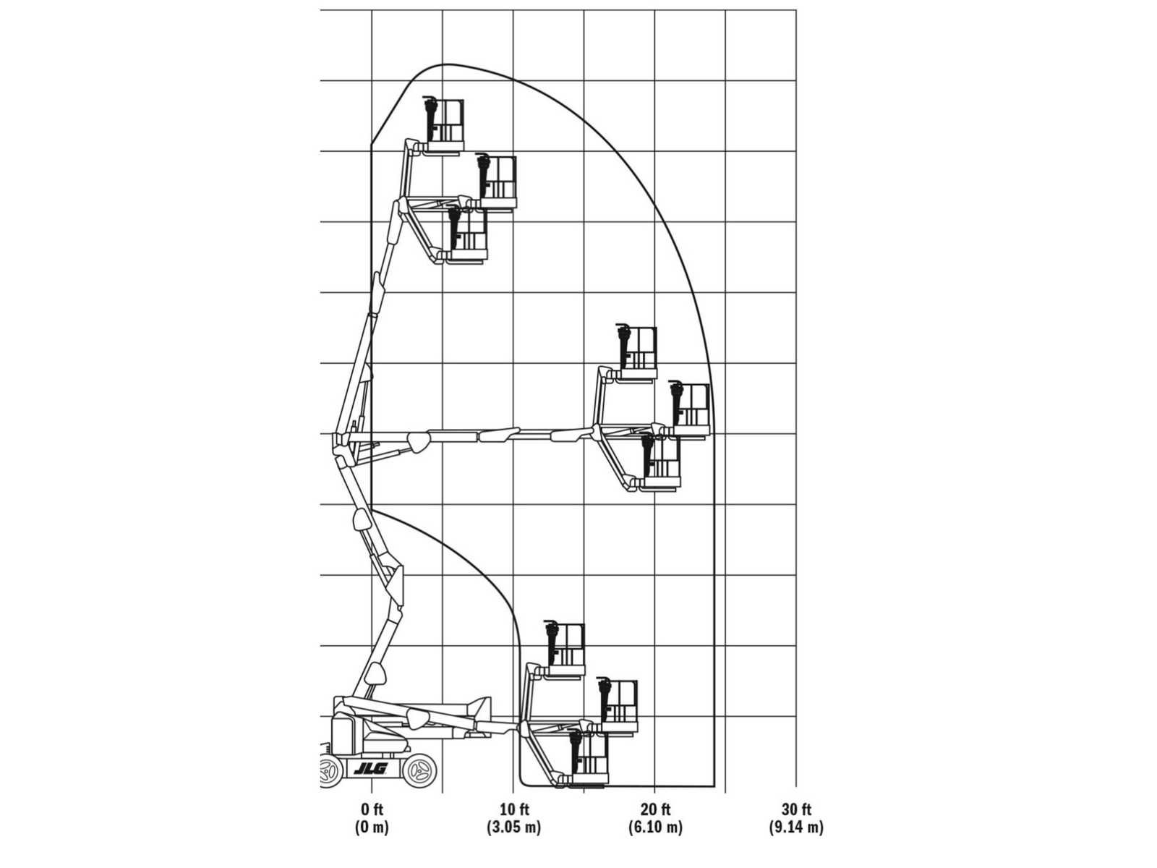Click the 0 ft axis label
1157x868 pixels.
[x=372, y=809]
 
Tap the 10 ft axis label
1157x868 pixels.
[x=514, y=809]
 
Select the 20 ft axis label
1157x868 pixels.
[x=655, y=809]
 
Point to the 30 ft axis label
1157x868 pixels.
[x=796, y=809]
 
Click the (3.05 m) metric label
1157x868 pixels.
[x=514, y=827]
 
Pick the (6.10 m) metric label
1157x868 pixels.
[x=655, y=827]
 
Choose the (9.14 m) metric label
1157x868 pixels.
[x=796, y=827]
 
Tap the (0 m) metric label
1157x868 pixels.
[x=372, y=827]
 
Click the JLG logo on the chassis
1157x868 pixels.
[x=370, y=769]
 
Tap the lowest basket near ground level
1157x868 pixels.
[x=588, y=759]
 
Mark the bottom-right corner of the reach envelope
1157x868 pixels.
[x=714, y=786]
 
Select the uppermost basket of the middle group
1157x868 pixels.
[x=637, y=352]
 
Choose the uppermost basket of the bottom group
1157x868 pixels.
[x=565, y=649]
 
